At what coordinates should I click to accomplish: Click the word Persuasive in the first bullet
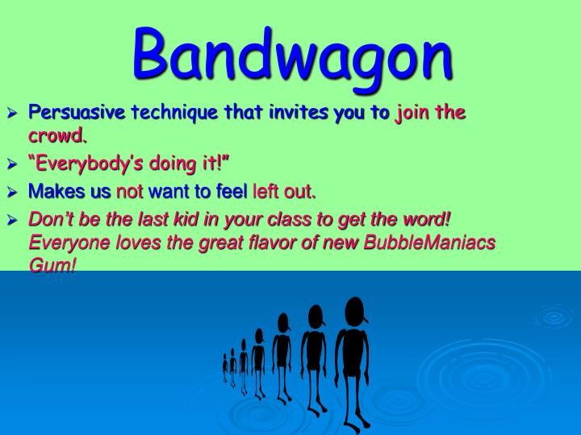(77, 113)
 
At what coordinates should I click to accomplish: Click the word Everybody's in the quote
(86, 165)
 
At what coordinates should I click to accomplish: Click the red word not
(129, 192)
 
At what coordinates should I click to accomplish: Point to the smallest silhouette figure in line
(225, 367)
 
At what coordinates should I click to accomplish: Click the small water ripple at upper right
(554, 316)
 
